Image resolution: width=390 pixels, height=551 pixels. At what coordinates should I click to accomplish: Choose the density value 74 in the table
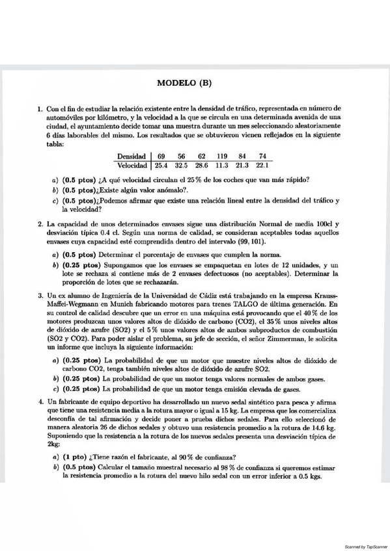click(x=262, y=157)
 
